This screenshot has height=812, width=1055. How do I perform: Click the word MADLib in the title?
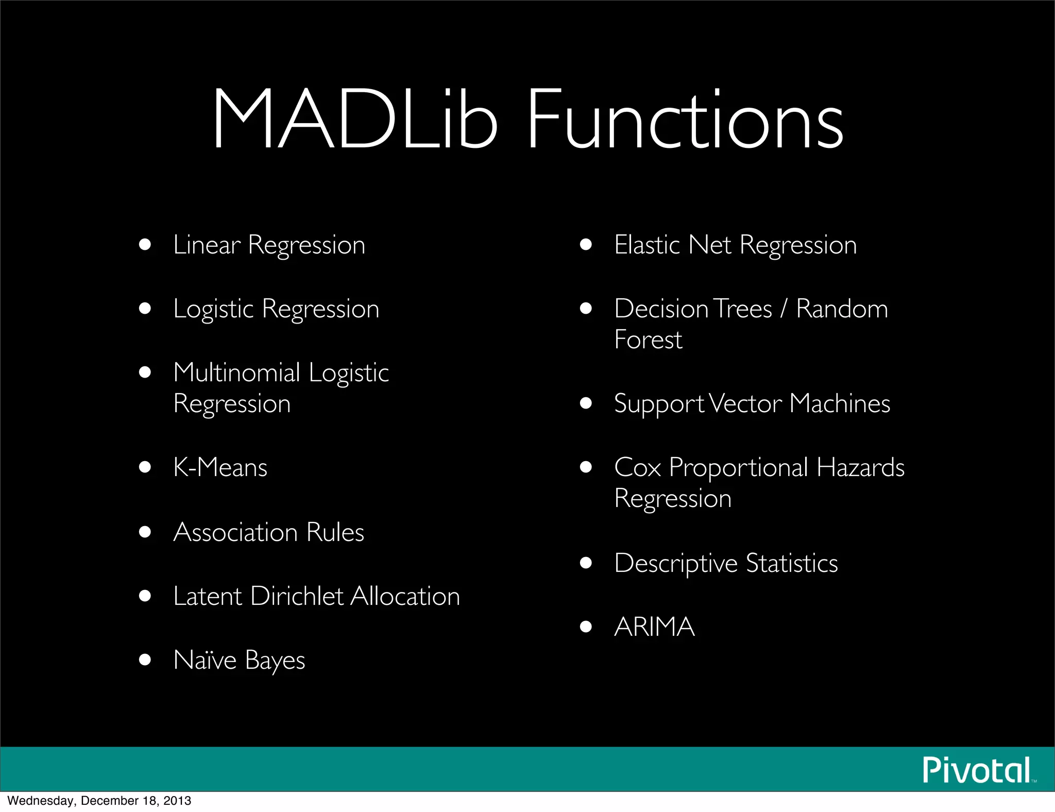[355, 120]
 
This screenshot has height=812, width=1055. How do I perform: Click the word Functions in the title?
[685, 120]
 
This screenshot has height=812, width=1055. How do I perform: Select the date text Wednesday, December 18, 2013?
[99, 801]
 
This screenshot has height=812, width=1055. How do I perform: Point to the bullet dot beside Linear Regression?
[145, 244]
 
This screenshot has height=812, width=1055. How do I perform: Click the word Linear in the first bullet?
[207, 245]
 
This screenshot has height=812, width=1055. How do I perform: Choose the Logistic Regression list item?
[276, 309]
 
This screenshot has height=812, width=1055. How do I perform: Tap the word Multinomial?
[237, 373]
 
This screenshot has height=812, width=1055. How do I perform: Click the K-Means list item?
[220, 467]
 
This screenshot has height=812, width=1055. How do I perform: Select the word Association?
[235, 532]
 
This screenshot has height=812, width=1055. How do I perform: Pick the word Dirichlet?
[297, 596]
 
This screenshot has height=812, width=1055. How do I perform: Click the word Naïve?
[205, 660]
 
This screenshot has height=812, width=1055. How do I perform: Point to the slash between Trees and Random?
[784, 309]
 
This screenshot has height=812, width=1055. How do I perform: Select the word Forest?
[648, 340]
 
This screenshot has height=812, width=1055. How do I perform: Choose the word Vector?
[745, 403]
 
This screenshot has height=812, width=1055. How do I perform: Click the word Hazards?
[860, 467]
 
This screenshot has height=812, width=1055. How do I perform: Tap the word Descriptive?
[676, 563]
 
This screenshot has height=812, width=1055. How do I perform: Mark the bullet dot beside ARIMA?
[586, 627]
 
